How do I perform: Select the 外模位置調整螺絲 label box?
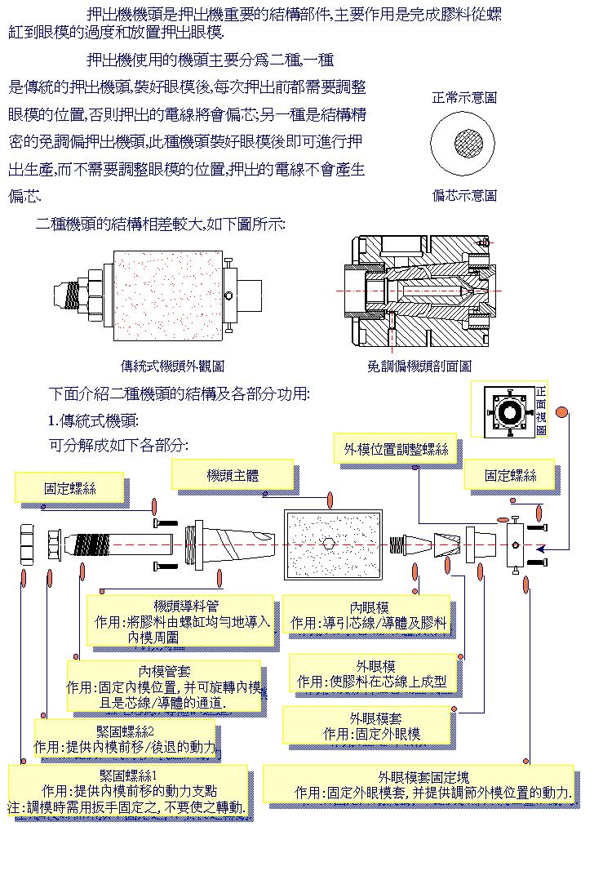tap(397, 450)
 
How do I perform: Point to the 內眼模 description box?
tap(369, 615)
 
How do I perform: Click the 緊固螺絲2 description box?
tap(126, 739)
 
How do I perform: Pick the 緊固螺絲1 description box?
tap(127, 790)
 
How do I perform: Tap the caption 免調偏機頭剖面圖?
tap(419, 367)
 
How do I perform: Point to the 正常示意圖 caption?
tap(463, 98)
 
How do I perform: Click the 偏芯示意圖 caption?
tap(463, 196)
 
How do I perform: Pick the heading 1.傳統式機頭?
tap(93, 421)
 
